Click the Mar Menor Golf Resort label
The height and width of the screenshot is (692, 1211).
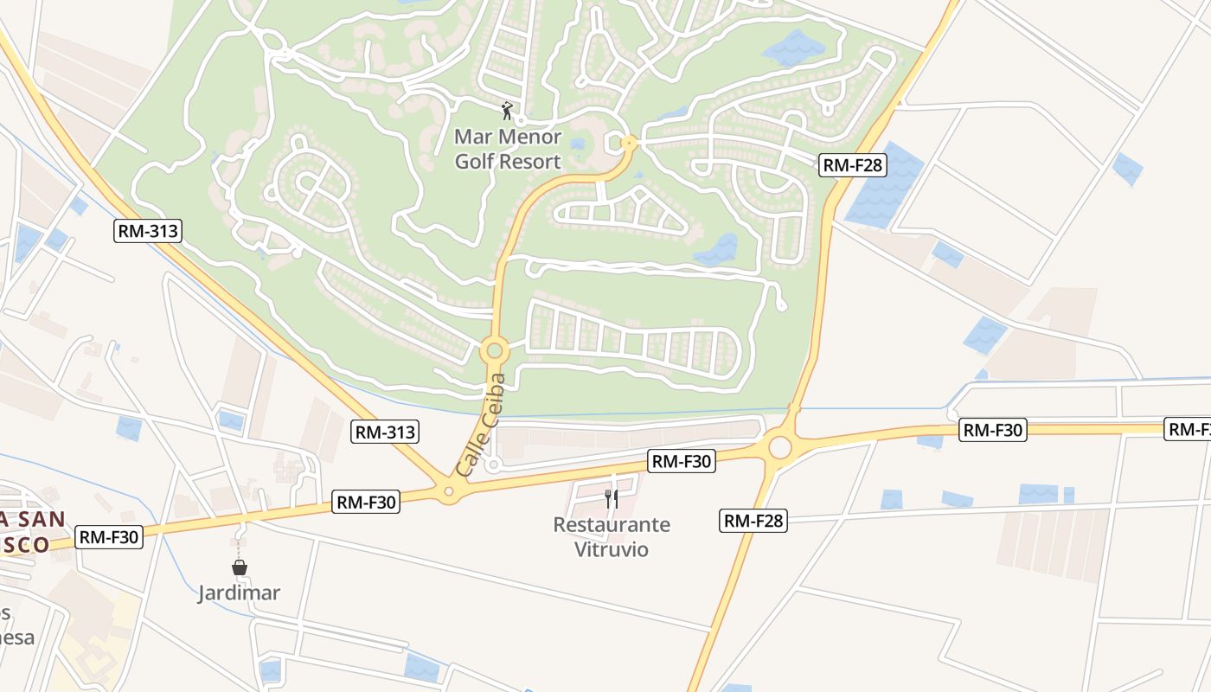pyautogui.click(x=508, y=149)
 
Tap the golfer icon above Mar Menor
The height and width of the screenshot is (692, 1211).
pyautogui.click(x=508, y=111)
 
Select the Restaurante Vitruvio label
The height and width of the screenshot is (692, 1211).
pyautogui.click(x=612, y=536)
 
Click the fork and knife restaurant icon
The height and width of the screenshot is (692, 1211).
pyautogui.click(x=611, y=498)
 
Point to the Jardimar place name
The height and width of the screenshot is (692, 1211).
pyautogui.click(x=239, y=593)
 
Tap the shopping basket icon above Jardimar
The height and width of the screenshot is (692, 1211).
pyautogui.click(x=240, y=567)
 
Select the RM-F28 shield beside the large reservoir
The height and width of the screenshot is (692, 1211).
pyautogui.click(x=853, y=165)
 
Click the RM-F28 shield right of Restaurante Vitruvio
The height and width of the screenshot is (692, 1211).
pyautogui.click(x=753, y=521)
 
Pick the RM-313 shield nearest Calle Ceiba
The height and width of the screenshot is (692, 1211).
pyautogui.click(x=384, y=432)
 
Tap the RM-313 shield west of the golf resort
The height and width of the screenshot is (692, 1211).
pyautogui.click(x=147, y=231)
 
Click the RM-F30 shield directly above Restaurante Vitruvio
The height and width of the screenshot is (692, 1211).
pyautogui.click(x=682, y=461)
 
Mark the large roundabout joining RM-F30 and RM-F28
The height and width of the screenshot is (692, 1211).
pyautogui.click(x=779, y=447)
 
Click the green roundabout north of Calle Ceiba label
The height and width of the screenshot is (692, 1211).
pyautogui.click(x=494, y=351)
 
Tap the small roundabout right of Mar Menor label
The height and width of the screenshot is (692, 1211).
pyautogui.click(x=629, y=143)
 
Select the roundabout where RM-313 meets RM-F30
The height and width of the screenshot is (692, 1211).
pyautogui.click(x=449, y=492)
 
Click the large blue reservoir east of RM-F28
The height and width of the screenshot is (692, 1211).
pyautogui.click(x=882, y=187)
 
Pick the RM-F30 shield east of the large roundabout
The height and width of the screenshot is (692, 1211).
pyautogui.click(x=992, y=430)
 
